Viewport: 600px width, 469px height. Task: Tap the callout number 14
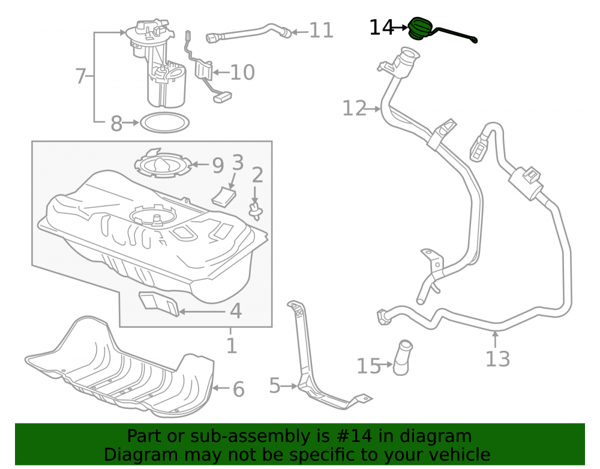click(x=381, y=28)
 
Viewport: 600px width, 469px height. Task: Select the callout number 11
click(x=322, y=30)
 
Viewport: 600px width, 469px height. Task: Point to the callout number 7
click(x=80, y=76)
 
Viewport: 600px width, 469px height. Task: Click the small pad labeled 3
click(x=224, y=196)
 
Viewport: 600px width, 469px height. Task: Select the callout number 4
click(x=236, y=311)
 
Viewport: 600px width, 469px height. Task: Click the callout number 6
click(x=238, y=389)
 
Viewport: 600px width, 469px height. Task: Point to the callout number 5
click(x=275, y=385)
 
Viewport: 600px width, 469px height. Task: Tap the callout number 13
click(x=497, y=359)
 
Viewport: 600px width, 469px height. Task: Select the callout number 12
click(x=355, y=108)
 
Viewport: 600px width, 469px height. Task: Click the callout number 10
click(x=242, y=72)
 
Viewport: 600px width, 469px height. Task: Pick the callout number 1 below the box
click(x=232, y=346)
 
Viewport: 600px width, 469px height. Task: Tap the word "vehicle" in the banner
click(x=463, y=455)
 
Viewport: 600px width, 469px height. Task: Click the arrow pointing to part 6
click(x=221, y=388)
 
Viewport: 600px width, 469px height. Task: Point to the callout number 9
click(x=218, y=165)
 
